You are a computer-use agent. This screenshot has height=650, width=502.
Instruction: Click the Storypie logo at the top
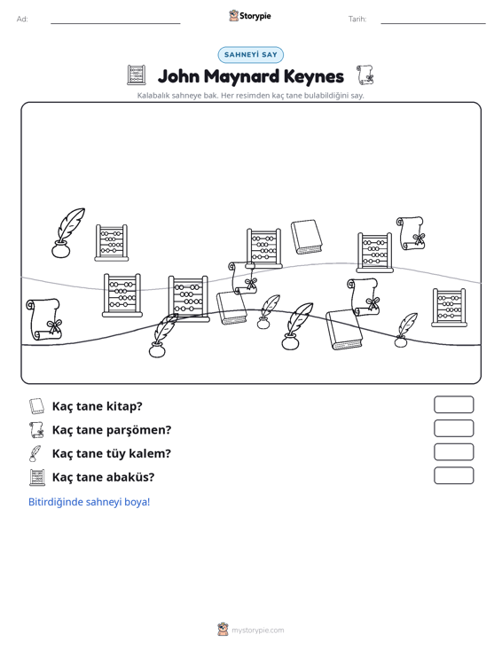(250, 16)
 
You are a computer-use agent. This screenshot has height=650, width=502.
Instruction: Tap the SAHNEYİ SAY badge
(251, 55)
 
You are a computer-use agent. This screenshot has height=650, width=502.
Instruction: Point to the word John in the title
(178, 76)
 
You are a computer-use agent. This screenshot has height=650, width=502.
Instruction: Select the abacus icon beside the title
(137, 74)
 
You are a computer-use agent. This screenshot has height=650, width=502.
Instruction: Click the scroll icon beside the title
(365, 74)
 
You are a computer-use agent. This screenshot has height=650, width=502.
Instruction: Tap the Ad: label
(22, 20)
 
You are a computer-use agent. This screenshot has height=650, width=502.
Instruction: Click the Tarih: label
(357, 20)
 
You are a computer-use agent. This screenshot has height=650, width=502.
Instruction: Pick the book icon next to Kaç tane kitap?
(36, 406)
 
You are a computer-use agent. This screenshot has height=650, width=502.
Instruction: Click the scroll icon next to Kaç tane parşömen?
(36, 430)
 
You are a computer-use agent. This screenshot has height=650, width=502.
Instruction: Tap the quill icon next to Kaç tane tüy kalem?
(35, 453)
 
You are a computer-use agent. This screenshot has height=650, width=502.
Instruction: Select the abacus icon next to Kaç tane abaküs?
(37, 477)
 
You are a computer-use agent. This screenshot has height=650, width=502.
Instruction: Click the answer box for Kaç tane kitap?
(454, 404)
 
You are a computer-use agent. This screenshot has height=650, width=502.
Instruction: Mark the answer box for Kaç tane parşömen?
(454, 428)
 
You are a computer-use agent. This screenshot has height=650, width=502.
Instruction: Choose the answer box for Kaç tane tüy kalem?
(454, 452)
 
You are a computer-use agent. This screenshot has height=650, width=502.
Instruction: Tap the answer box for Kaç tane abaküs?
(454, 475)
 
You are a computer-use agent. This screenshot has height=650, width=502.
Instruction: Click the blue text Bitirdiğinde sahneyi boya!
(89, 502)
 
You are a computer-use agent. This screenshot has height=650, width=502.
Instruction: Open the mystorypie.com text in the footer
(258, 630)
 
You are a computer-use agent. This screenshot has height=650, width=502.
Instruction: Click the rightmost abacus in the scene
(449, 308)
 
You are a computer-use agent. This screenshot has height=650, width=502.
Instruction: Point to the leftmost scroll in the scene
(43, 319)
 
